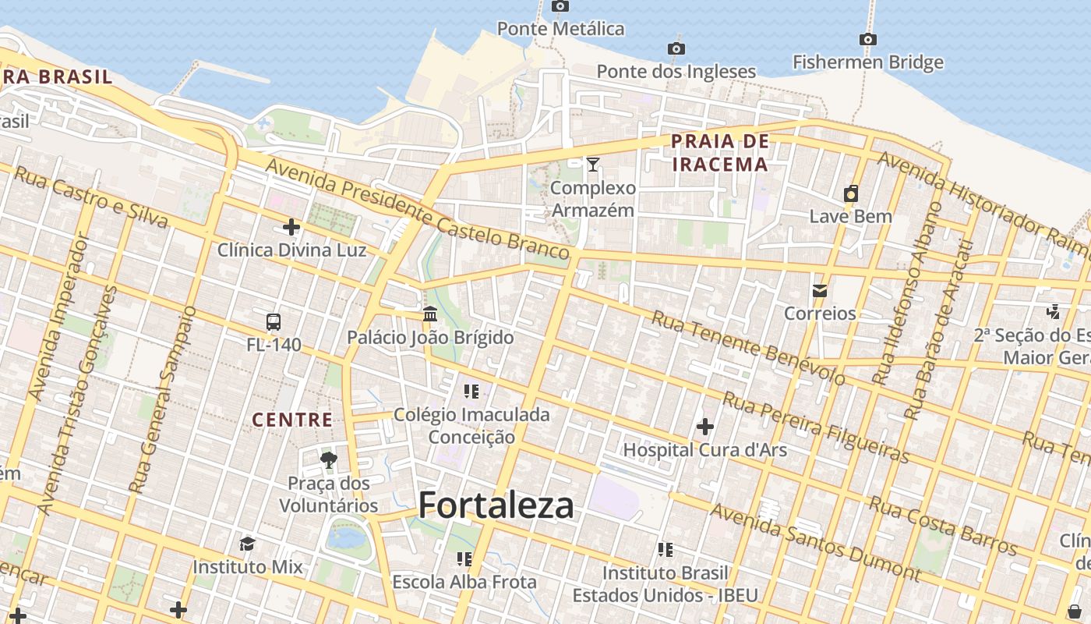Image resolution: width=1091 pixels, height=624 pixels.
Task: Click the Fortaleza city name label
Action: pyautogui.click(x=496, y=505)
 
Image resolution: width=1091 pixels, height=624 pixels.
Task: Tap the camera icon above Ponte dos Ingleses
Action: pyautogui.click(x=676, y=49)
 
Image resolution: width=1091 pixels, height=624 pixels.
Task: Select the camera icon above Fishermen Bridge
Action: pyautogui.click(x=868, y=39)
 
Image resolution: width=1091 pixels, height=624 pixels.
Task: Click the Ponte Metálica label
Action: pyautogui.click(x=561, y=29)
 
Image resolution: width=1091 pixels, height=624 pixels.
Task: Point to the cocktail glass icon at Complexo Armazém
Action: pyautogui.click(x=593, y=164)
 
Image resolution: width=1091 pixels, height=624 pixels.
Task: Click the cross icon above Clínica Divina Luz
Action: pyautogui.click(x=291, y=227)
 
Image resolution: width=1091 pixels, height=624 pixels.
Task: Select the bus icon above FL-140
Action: pyautogui.click(x=274, y=321)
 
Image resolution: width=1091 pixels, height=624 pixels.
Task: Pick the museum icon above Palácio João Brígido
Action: pyautogui.click(x=430, y=314)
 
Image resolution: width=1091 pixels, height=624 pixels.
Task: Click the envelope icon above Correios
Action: pyautogui.click(x=820, y=291)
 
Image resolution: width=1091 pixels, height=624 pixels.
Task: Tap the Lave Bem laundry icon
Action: pyautogui.click(x=851, y=193)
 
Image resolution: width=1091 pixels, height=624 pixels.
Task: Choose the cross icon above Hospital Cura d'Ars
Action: pyautogui.click(x=705, y=427)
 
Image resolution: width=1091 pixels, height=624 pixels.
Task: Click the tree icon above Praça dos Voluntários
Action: pyautogui.click(x=329, y=460)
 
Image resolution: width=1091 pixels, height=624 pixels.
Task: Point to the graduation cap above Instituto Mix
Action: pyautogui.click(x=247, y=544)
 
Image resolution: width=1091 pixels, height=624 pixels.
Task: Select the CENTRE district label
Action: pyautogui.click(x=292, y=420)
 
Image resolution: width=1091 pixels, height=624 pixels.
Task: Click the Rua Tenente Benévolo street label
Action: pyautogui.click(x=748, y=348)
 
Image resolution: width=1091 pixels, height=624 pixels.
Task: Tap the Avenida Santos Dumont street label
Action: pyautogui.click(x=815, y=543)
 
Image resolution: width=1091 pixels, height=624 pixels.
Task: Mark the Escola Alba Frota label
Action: pyautogui.click(x=464, y=582)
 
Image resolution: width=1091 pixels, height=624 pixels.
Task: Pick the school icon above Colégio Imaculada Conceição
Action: pyautogui.click(x=471, y=391)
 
